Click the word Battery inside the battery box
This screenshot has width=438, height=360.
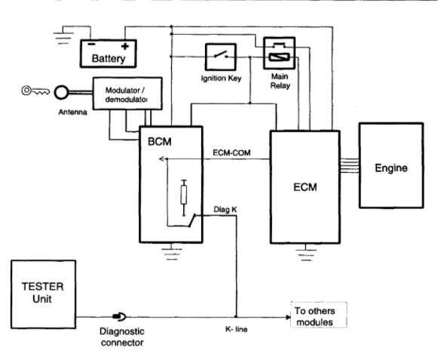tap(109, 58)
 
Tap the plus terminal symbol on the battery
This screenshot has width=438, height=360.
tap(125, 46)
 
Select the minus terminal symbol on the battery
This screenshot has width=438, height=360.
tap(91, 45)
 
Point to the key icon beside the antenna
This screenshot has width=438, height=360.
tap(35, 91)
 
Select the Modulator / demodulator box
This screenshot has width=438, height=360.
tap(127, 94)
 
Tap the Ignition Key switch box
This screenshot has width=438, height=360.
tap(221, 57)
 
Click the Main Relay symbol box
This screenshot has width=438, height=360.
tap(280, 53)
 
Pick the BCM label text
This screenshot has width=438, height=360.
tap(160, 142)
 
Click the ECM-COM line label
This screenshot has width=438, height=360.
tap(231, 152)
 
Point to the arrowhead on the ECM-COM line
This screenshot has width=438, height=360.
tap(162, 159)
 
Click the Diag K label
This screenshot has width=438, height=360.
tap(225, 209)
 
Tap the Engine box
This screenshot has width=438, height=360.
tap(391, 165)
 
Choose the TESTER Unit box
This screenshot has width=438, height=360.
tap(43, 294)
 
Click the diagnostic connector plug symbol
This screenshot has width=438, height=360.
tap(120, 317)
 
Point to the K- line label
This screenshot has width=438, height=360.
tap(236, 329)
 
